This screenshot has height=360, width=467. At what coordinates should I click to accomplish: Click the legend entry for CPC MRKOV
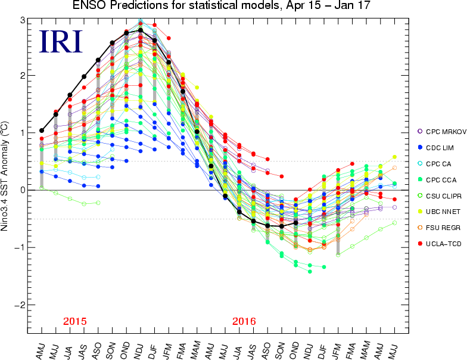[440, 131]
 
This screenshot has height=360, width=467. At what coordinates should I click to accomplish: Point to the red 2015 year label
[75, 321]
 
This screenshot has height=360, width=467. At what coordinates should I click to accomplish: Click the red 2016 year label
[244, 321]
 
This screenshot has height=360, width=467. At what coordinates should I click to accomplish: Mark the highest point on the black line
[141, 30]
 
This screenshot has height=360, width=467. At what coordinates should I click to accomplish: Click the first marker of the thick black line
[42, 130]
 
